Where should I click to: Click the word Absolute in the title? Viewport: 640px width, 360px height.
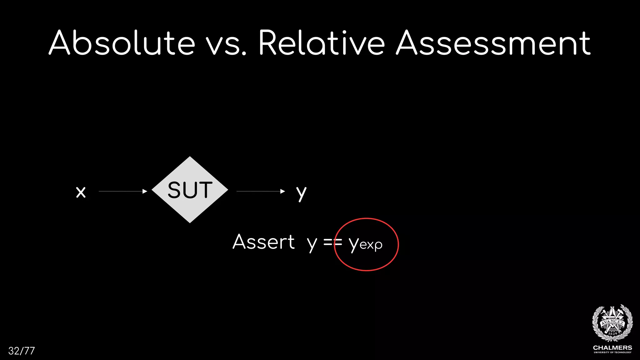122,43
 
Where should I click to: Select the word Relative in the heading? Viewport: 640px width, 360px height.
322,43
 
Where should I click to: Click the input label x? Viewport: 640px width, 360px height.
81,192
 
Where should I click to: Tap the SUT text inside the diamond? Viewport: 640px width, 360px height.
190,190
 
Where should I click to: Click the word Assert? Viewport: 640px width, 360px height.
263,242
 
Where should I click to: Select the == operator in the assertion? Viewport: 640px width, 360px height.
332,242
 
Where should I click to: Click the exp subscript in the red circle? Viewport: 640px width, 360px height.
371,245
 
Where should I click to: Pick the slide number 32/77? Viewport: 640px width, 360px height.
22,351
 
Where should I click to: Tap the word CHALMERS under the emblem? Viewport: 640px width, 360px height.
612,348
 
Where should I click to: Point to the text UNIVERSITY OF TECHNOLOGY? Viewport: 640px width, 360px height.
612,352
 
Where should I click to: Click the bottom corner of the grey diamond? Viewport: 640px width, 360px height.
190,222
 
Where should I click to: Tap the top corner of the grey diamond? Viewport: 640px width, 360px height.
190,157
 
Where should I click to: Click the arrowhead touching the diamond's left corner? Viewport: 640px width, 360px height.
145,191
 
